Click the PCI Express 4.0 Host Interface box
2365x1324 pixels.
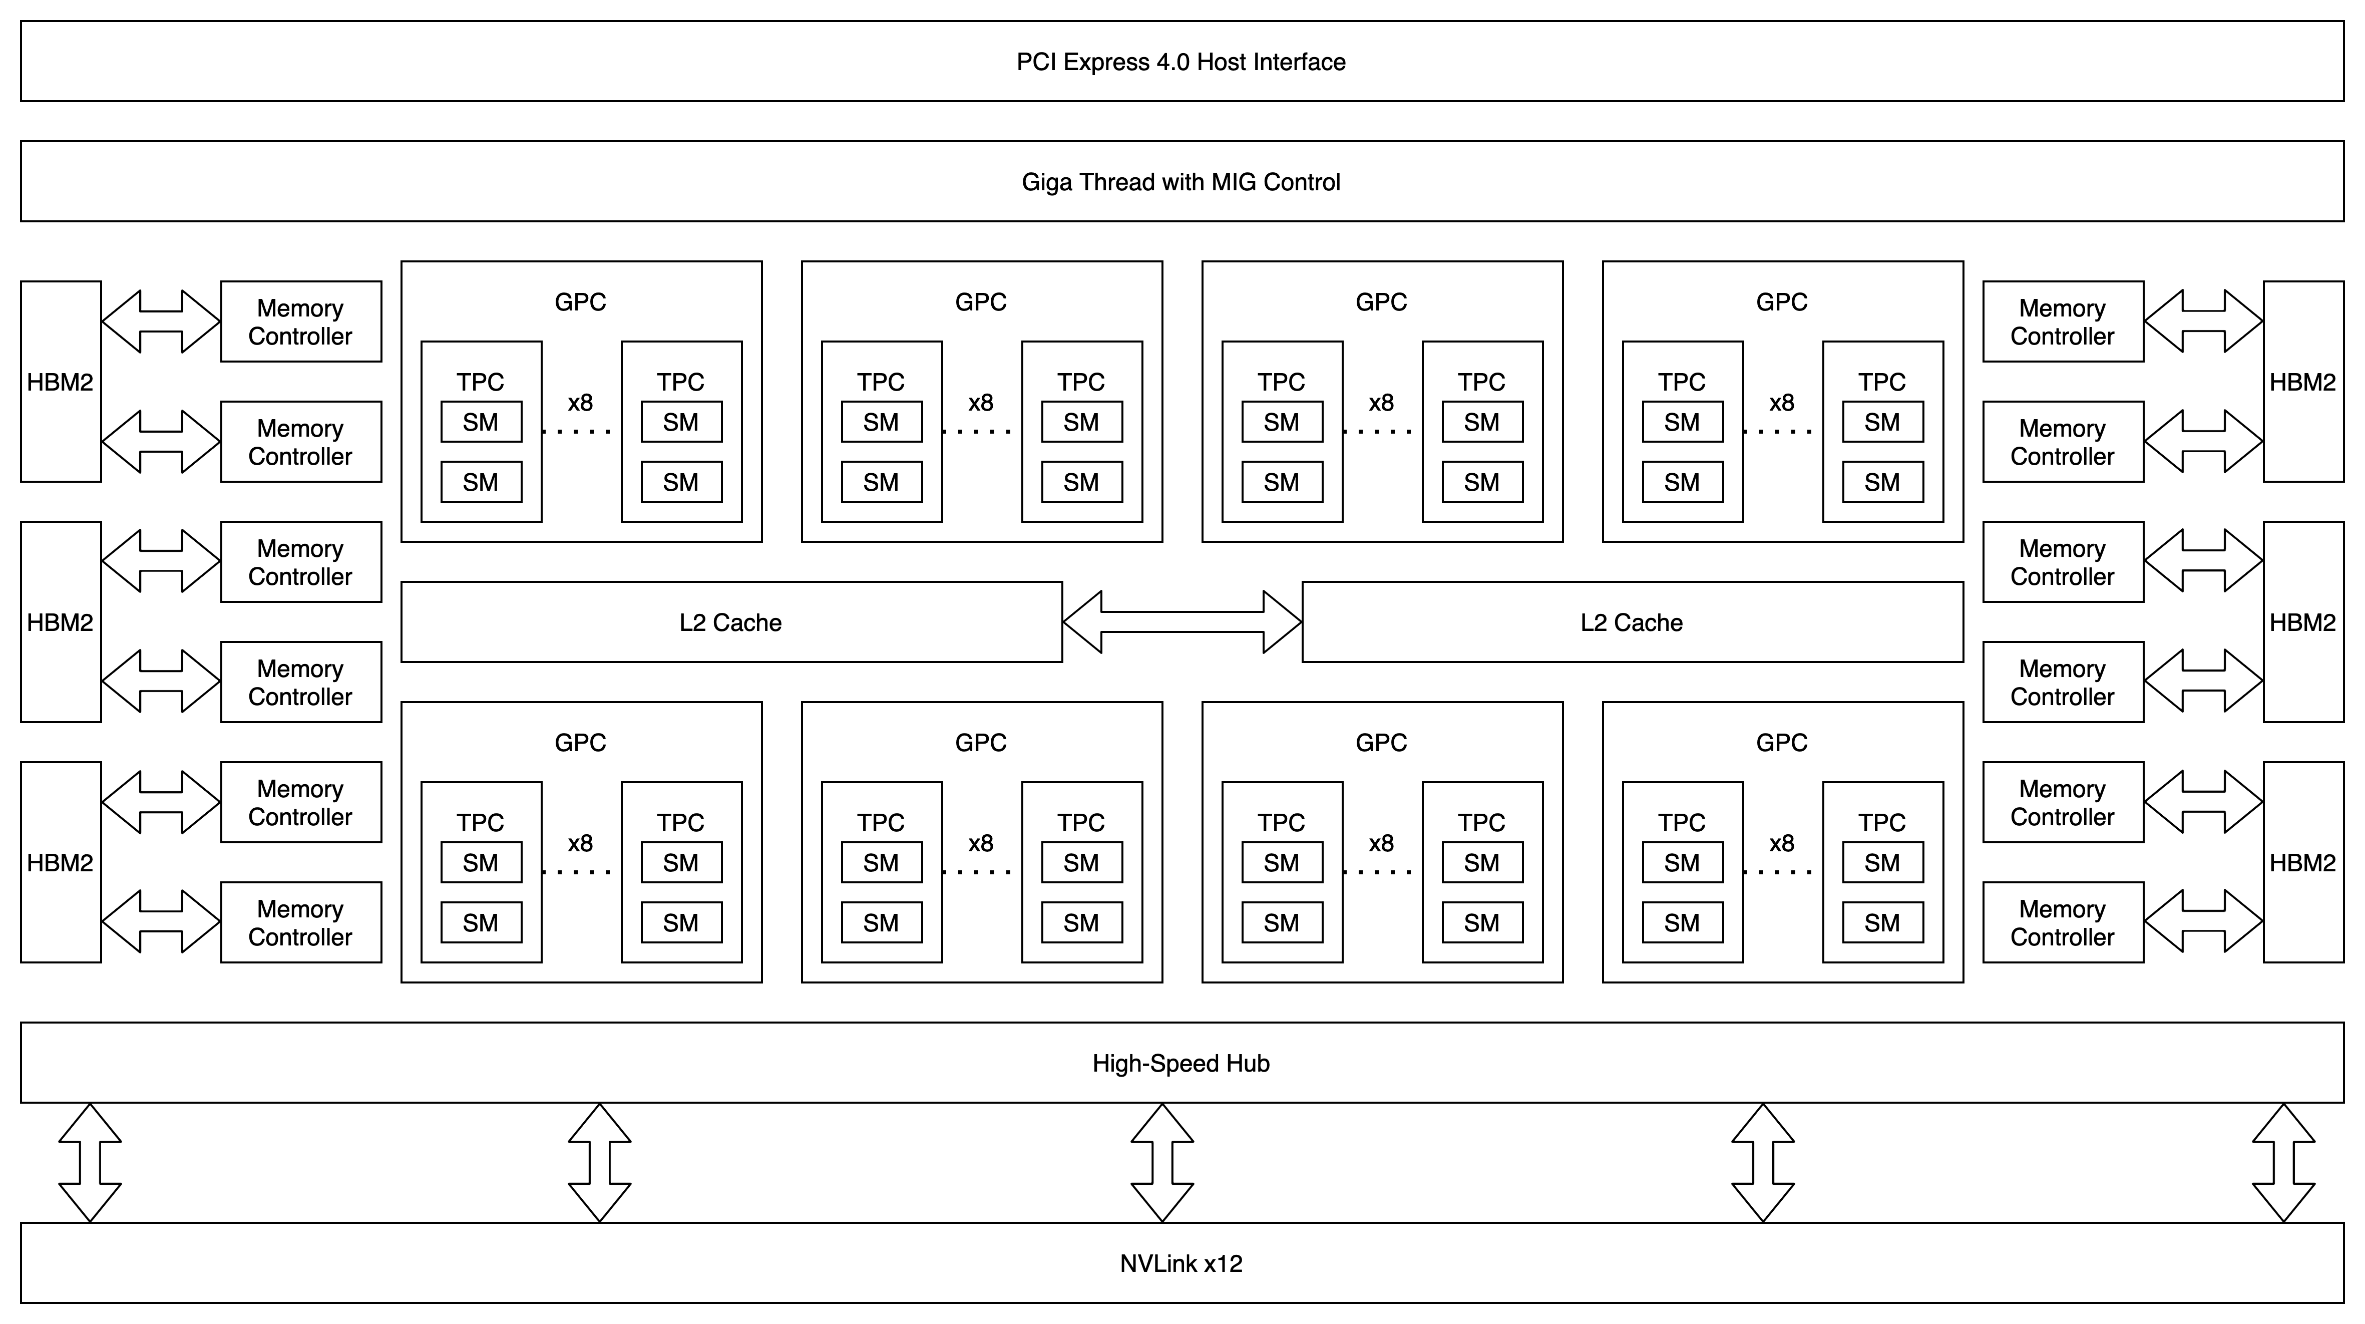coord(1181,62)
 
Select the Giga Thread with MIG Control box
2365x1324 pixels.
coord(1181,182)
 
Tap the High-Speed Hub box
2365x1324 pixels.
coord(1181,1063)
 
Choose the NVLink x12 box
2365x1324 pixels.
coord(1181,1263)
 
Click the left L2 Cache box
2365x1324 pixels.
coord(731,622)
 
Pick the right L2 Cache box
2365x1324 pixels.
coord(1632,622)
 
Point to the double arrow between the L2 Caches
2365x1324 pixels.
coord(1181,622)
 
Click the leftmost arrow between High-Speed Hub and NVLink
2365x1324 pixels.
coord(90,1162)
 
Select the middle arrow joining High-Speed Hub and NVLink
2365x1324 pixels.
coord(1162,1162)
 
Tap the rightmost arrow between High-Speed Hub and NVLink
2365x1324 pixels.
coord(2284,1162)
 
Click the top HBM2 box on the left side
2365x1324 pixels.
coord(61,382)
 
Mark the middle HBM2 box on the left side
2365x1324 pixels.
coord(61,622)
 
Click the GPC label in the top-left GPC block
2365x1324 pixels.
coord(580,302)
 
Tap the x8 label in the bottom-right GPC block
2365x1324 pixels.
coord(1781,843)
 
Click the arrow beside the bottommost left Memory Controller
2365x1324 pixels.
coord(161,923)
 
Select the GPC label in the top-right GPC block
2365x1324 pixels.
coord(1781,302)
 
